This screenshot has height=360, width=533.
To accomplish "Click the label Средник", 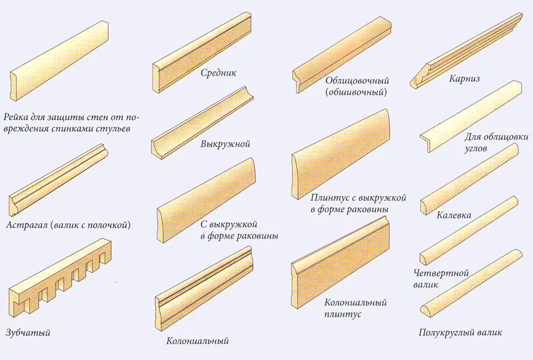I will coord(219,73).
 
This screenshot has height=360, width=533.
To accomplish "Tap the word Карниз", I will coord(464,79).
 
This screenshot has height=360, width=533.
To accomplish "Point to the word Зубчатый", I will coord(27,332).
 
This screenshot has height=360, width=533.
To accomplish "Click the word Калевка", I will coord(454,216).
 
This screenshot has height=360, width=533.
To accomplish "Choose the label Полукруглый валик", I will coord(460,332).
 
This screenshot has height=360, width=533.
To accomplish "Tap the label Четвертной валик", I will coord(441,279).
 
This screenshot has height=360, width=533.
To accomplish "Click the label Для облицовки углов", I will coord(496,142).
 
